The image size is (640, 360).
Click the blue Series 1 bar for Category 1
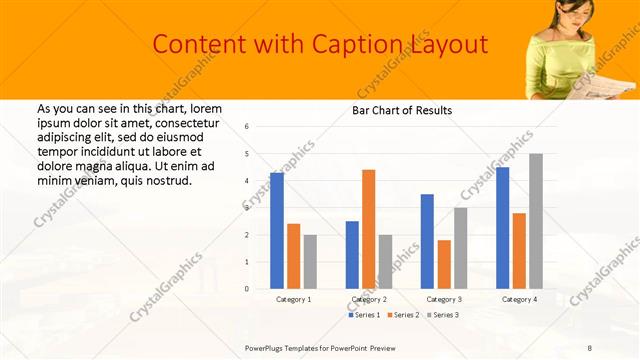click(277, 231)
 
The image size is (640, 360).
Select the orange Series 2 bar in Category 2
click(369, 229)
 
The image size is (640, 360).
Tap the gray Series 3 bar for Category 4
click(536, 221)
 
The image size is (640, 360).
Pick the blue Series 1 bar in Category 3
click(427, 241)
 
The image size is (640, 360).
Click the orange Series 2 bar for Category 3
click(444, 264)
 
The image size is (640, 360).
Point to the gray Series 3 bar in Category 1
click(310, 261)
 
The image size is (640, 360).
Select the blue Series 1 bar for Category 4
click(502, 228)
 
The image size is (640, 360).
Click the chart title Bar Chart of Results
click(401, 110)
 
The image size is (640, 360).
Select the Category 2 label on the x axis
click(368, 299)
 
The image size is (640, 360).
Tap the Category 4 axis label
click(519, 299)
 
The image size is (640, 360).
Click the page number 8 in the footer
click(589, 347)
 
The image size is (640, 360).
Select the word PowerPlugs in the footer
click(268, 347)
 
